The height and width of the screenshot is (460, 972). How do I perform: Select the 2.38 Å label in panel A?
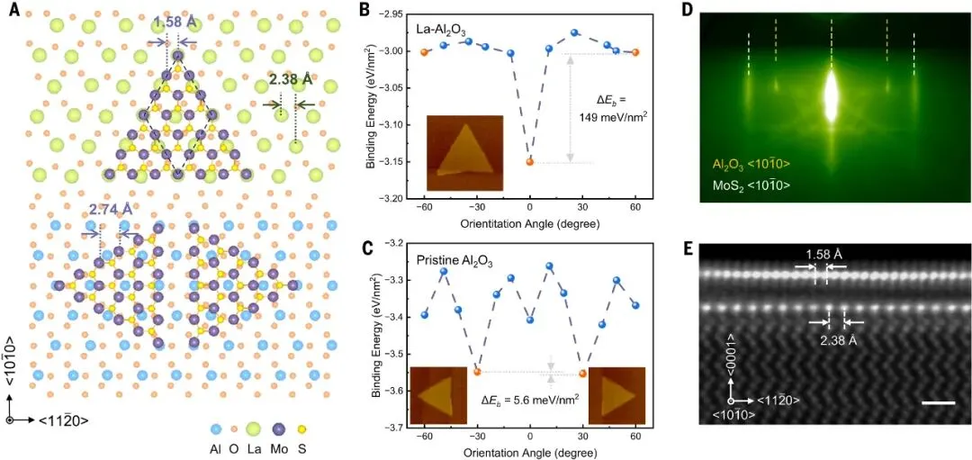(x=289, y=79)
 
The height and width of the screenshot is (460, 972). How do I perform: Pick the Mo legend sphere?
(x=278, y=429)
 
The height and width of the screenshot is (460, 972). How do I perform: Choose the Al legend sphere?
(x=216, y=429)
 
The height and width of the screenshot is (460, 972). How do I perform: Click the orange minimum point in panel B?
(x=529, y=162)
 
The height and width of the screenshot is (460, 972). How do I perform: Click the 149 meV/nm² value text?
(x=615, y=116)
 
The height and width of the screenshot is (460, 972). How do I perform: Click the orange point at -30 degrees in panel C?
(x=477, y=372)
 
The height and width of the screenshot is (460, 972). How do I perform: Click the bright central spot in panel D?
(x=832, y=92)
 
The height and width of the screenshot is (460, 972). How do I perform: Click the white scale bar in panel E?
(x=933, y=403)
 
